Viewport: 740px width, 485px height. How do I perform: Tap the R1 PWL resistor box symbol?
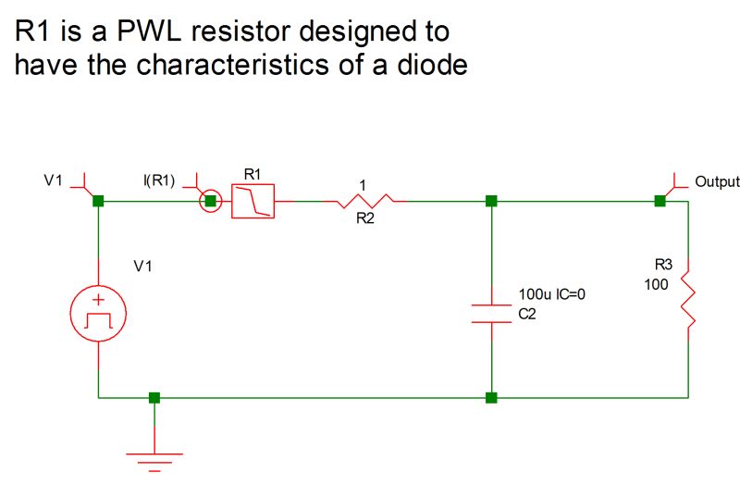(253, 200)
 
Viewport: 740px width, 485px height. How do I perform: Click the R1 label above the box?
(253, 174)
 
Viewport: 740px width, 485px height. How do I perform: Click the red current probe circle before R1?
(211, 200)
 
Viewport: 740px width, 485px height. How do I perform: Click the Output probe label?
(717, 181)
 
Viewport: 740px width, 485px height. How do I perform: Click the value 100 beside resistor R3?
(656, 284)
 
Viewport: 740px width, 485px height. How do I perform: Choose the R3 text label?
(663, 265)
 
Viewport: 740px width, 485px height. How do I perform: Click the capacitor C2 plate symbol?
(491, 312)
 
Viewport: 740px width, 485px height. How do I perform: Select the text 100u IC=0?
(552, 294)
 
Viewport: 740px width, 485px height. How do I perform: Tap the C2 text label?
(526, 315)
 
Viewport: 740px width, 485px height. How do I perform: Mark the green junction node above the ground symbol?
(154, 398)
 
